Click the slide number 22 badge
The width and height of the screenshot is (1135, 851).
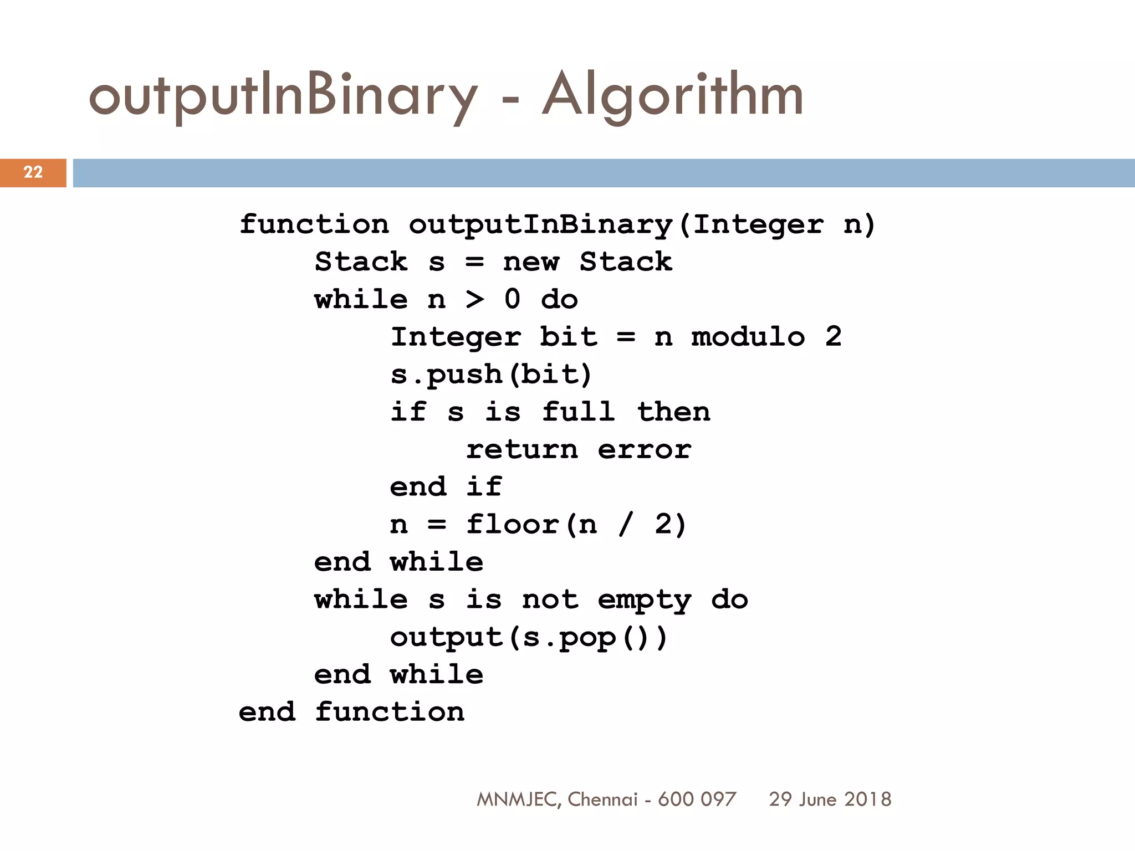click(33, 172)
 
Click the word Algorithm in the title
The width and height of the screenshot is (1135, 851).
click(672, 95)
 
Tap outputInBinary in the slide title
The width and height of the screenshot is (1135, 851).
click(283, 95)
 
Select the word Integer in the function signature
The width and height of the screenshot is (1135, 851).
click(758, 224)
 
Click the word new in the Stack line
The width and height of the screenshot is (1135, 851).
click(531, 262)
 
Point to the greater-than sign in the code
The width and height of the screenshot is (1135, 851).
click(474, 299)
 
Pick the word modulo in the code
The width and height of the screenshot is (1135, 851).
click(748, 337)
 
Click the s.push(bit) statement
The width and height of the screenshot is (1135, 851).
click(491, 375)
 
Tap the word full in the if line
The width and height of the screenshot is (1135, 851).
click(578, 412)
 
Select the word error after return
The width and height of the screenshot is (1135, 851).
click(645, 449)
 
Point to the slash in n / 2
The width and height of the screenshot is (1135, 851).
click(626, 524)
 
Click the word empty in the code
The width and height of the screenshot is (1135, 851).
click(645, 600)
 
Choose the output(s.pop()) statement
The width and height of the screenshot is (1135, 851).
click(529, 638)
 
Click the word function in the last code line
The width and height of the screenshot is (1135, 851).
click(390, 712)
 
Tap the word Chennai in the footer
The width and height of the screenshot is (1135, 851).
click(602, 799)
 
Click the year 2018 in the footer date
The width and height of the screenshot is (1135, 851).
click(868, 799)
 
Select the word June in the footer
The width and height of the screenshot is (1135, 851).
click(818, 799)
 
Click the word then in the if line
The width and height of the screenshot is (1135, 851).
click(673, 412)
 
